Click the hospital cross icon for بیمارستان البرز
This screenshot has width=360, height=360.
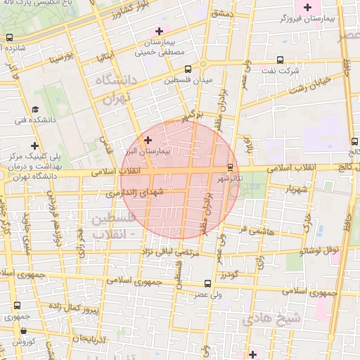(147, 141)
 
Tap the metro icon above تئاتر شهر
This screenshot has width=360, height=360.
(231, 167)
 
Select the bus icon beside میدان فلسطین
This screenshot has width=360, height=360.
(188, 69)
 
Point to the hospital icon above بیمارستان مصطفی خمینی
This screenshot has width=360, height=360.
(160, 31)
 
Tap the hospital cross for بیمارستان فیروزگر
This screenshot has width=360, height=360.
(307, 8)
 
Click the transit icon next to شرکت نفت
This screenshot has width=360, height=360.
(281, 60)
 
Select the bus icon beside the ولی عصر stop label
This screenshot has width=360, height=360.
(206, 283)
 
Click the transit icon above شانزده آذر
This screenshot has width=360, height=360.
(9, 38)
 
